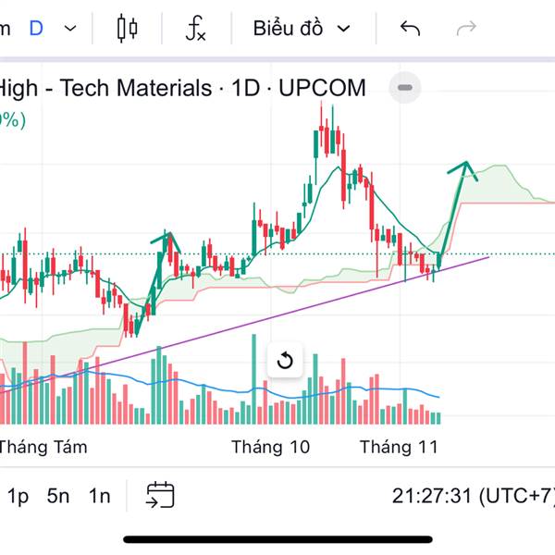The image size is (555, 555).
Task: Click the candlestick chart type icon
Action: [128, 29]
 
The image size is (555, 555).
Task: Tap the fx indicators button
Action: [195, 29]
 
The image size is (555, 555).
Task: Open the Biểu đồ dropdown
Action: [302, 29]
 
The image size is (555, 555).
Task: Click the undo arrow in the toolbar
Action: [410, 29]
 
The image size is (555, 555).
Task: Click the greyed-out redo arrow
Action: [466, 29]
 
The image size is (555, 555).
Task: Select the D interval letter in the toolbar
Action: [36, 29]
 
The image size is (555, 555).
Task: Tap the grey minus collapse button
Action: [405, 89]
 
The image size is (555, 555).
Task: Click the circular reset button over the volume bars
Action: [285, 360]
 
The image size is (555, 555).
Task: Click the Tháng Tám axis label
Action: [43, 448]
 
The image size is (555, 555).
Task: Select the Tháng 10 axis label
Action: [270, 448]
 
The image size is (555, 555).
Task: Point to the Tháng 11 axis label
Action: [398, 448]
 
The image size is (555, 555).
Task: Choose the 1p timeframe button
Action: [18, 496]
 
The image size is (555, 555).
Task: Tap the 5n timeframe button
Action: [58, 496]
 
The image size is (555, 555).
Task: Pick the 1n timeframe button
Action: [99, 496]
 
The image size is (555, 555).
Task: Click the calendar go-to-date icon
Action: [160, 495]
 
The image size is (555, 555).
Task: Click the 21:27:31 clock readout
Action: [432, 496]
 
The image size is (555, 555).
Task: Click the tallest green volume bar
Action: [253, 379]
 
